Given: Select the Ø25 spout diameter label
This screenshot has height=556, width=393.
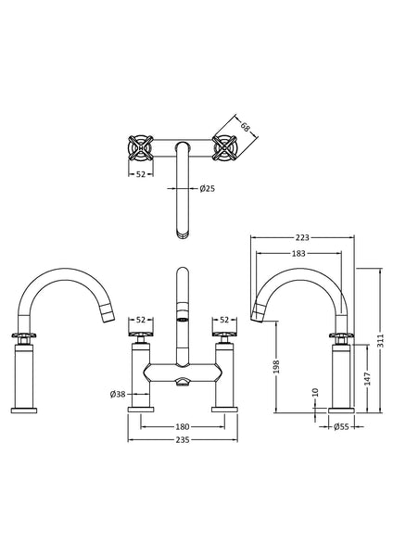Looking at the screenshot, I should pos(208,188).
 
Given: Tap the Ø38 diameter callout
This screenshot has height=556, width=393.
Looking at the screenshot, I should pos(116,393).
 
